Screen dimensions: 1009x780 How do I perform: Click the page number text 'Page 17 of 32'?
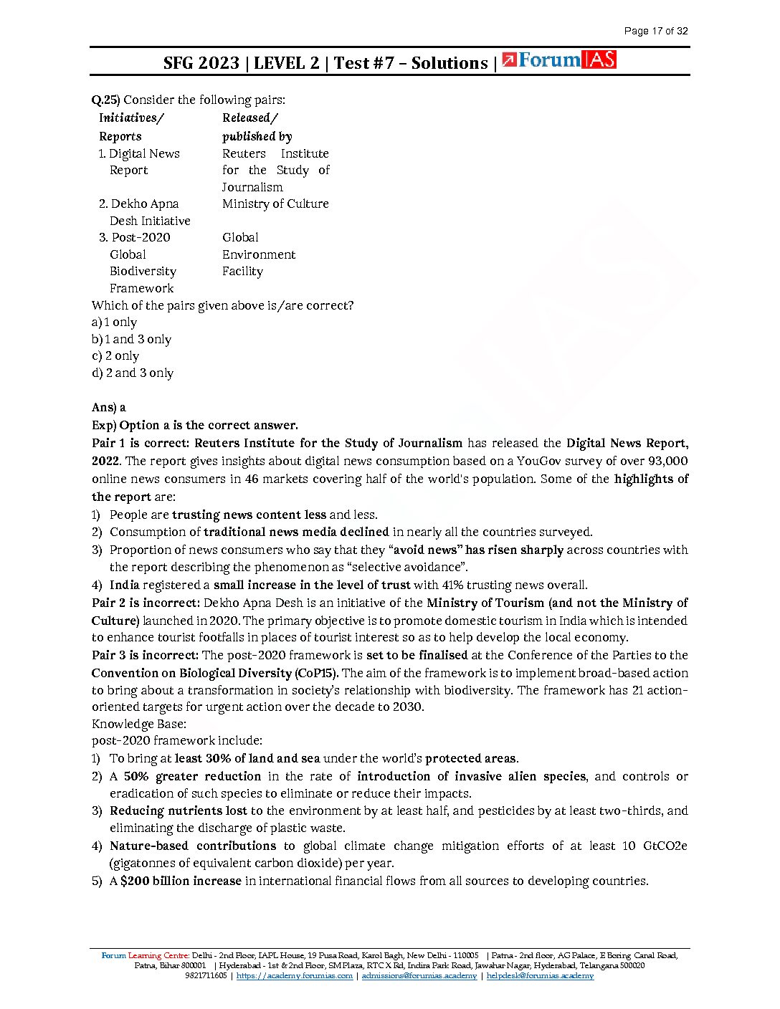[x=655, y=31]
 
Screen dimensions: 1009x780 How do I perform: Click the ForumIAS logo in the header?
[x=559, y=60]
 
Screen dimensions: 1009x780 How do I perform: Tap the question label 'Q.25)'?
[x=105, y=100]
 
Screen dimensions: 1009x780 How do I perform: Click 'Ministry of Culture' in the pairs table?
[x=275, y=204]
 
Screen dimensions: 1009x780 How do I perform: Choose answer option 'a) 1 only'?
[x=114, y=322]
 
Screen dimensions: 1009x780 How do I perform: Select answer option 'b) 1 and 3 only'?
[x=131, y=340]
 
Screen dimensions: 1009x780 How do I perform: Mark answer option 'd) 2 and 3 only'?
[x=133, y=373]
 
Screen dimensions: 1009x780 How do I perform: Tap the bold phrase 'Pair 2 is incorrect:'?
[x=146, y=603]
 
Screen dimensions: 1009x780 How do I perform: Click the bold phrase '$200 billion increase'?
[x=181, y=881]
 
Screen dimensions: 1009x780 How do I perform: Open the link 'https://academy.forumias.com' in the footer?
[x=294, y=976]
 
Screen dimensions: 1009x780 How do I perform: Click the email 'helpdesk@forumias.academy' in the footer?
[x=540, y=976]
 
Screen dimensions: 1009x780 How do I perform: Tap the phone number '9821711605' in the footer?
[x=206, y=976]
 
